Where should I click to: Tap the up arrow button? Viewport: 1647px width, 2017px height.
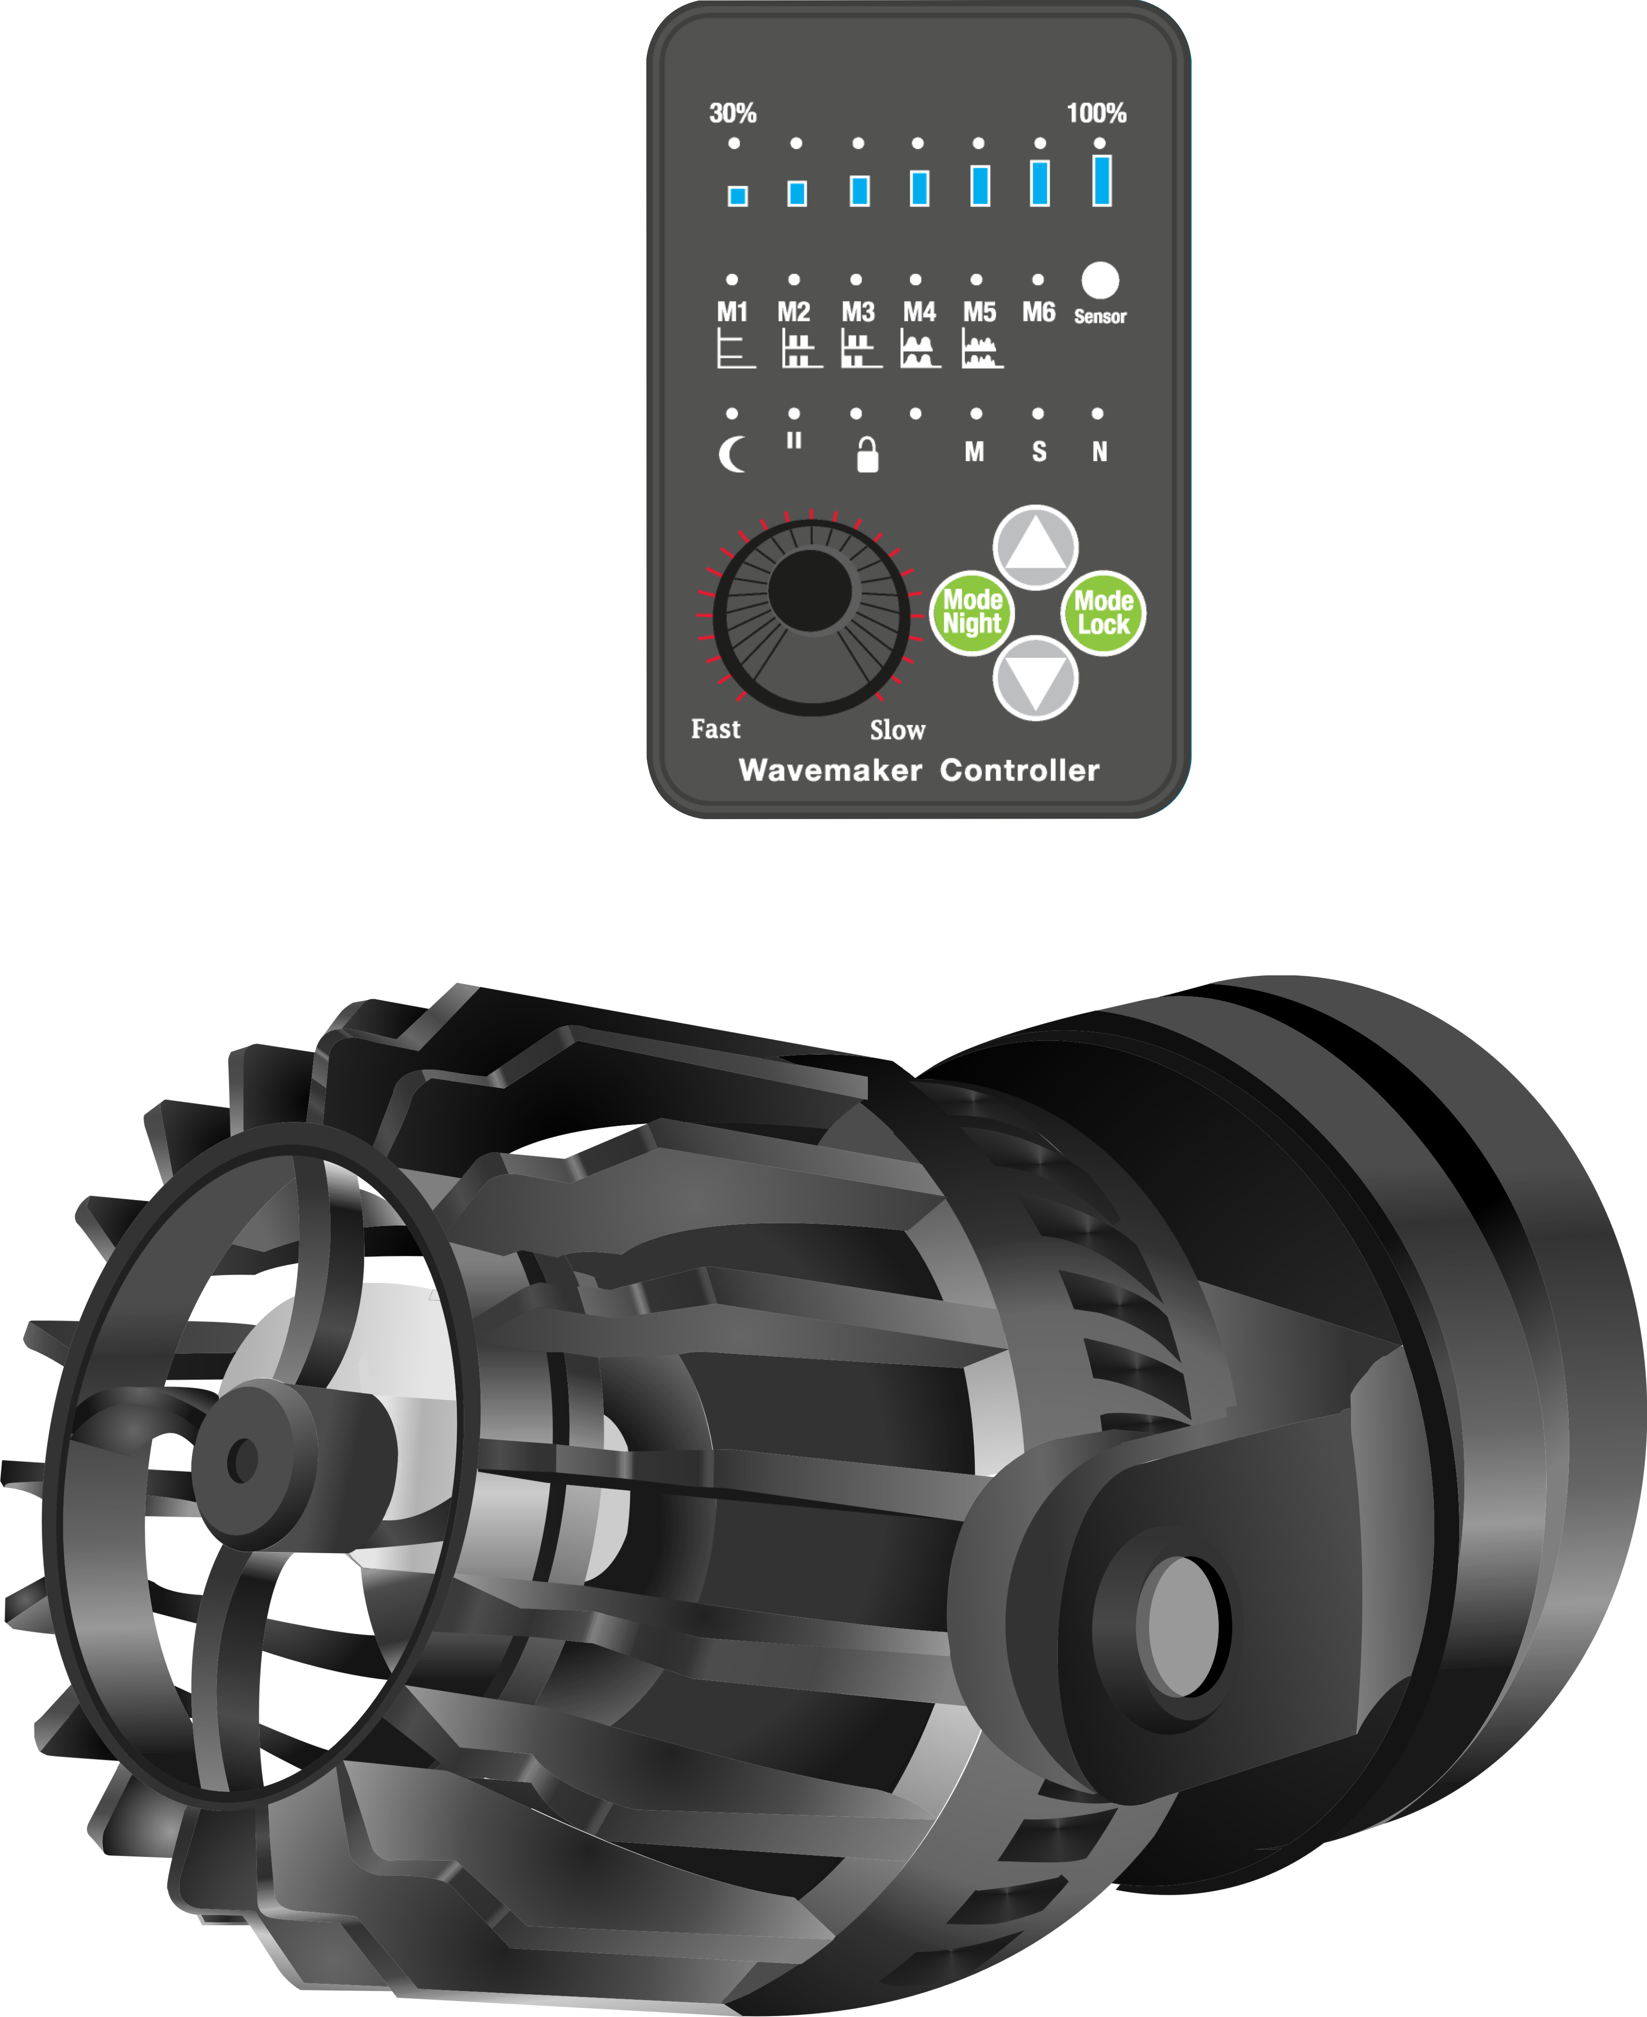1035,547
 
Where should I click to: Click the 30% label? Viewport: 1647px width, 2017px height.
732,114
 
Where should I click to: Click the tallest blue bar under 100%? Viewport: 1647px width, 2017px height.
1102,180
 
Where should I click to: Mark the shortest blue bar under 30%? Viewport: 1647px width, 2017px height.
737,195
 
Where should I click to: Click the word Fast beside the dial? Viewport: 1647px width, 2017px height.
715,730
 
